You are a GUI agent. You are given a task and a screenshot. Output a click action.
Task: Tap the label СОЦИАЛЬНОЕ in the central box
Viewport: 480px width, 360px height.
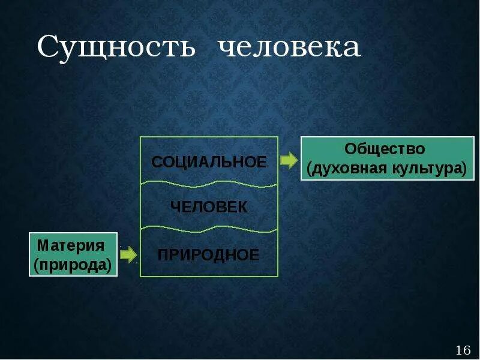coord(209,162)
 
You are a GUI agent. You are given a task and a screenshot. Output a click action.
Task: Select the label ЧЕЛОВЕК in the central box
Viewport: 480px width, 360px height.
coord(209,207)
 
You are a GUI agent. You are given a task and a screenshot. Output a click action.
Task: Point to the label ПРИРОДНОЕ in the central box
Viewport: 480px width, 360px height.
coord(209,255)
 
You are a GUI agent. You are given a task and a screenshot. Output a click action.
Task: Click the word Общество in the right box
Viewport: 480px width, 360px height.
coord(385,149)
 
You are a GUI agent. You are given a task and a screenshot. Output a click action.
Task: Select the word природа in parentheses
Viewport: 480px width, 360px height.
coord(73,265)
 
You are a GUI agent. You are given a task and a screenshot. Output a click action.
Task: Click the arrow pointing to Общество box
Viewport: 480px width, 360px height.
coord(289,160)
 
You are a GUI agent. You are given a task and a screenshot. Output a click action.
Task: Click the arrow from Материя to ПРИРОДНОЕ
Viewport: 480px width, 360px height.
coord(128,255)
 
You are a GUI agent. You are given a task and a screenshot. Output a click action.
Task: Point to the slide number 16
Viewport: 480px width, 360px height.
coord(463,350)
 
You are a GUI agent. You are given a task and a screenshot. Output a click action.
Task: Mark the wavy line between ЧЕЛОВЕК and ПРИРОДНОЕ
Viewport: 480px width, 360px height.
coord(209,229)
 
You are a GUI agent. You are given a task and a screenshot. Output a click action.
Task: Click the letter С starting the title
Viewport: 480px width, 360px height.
coord(48,47)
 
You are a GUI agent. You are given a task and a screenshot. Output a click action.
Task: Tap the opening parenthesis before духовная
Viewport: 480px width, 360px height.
coord(310,169)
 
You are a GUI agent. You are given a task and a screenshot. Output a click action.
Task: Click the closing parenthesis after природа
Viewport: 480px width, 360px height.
coord(110,265)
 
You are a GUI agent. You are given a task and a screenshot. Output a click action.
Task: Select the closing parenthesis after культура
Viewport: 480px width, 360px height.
coord(464,169)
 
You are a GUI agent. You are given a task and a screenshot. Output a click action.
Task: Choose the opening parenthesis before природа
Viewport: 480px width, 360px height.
coord(37,265)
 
